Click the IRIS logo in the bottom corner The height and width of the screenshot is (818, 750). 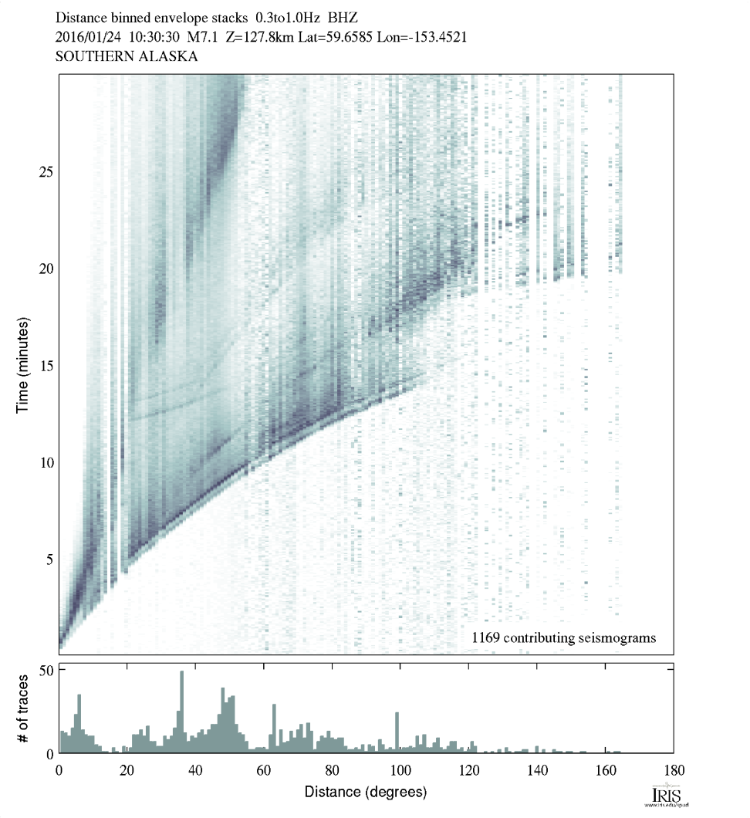(664, 796)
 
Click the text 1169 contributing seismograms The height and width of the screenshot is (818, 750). (563, 637)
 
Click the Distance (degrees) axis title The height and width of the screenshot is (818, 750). (365, 792)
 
